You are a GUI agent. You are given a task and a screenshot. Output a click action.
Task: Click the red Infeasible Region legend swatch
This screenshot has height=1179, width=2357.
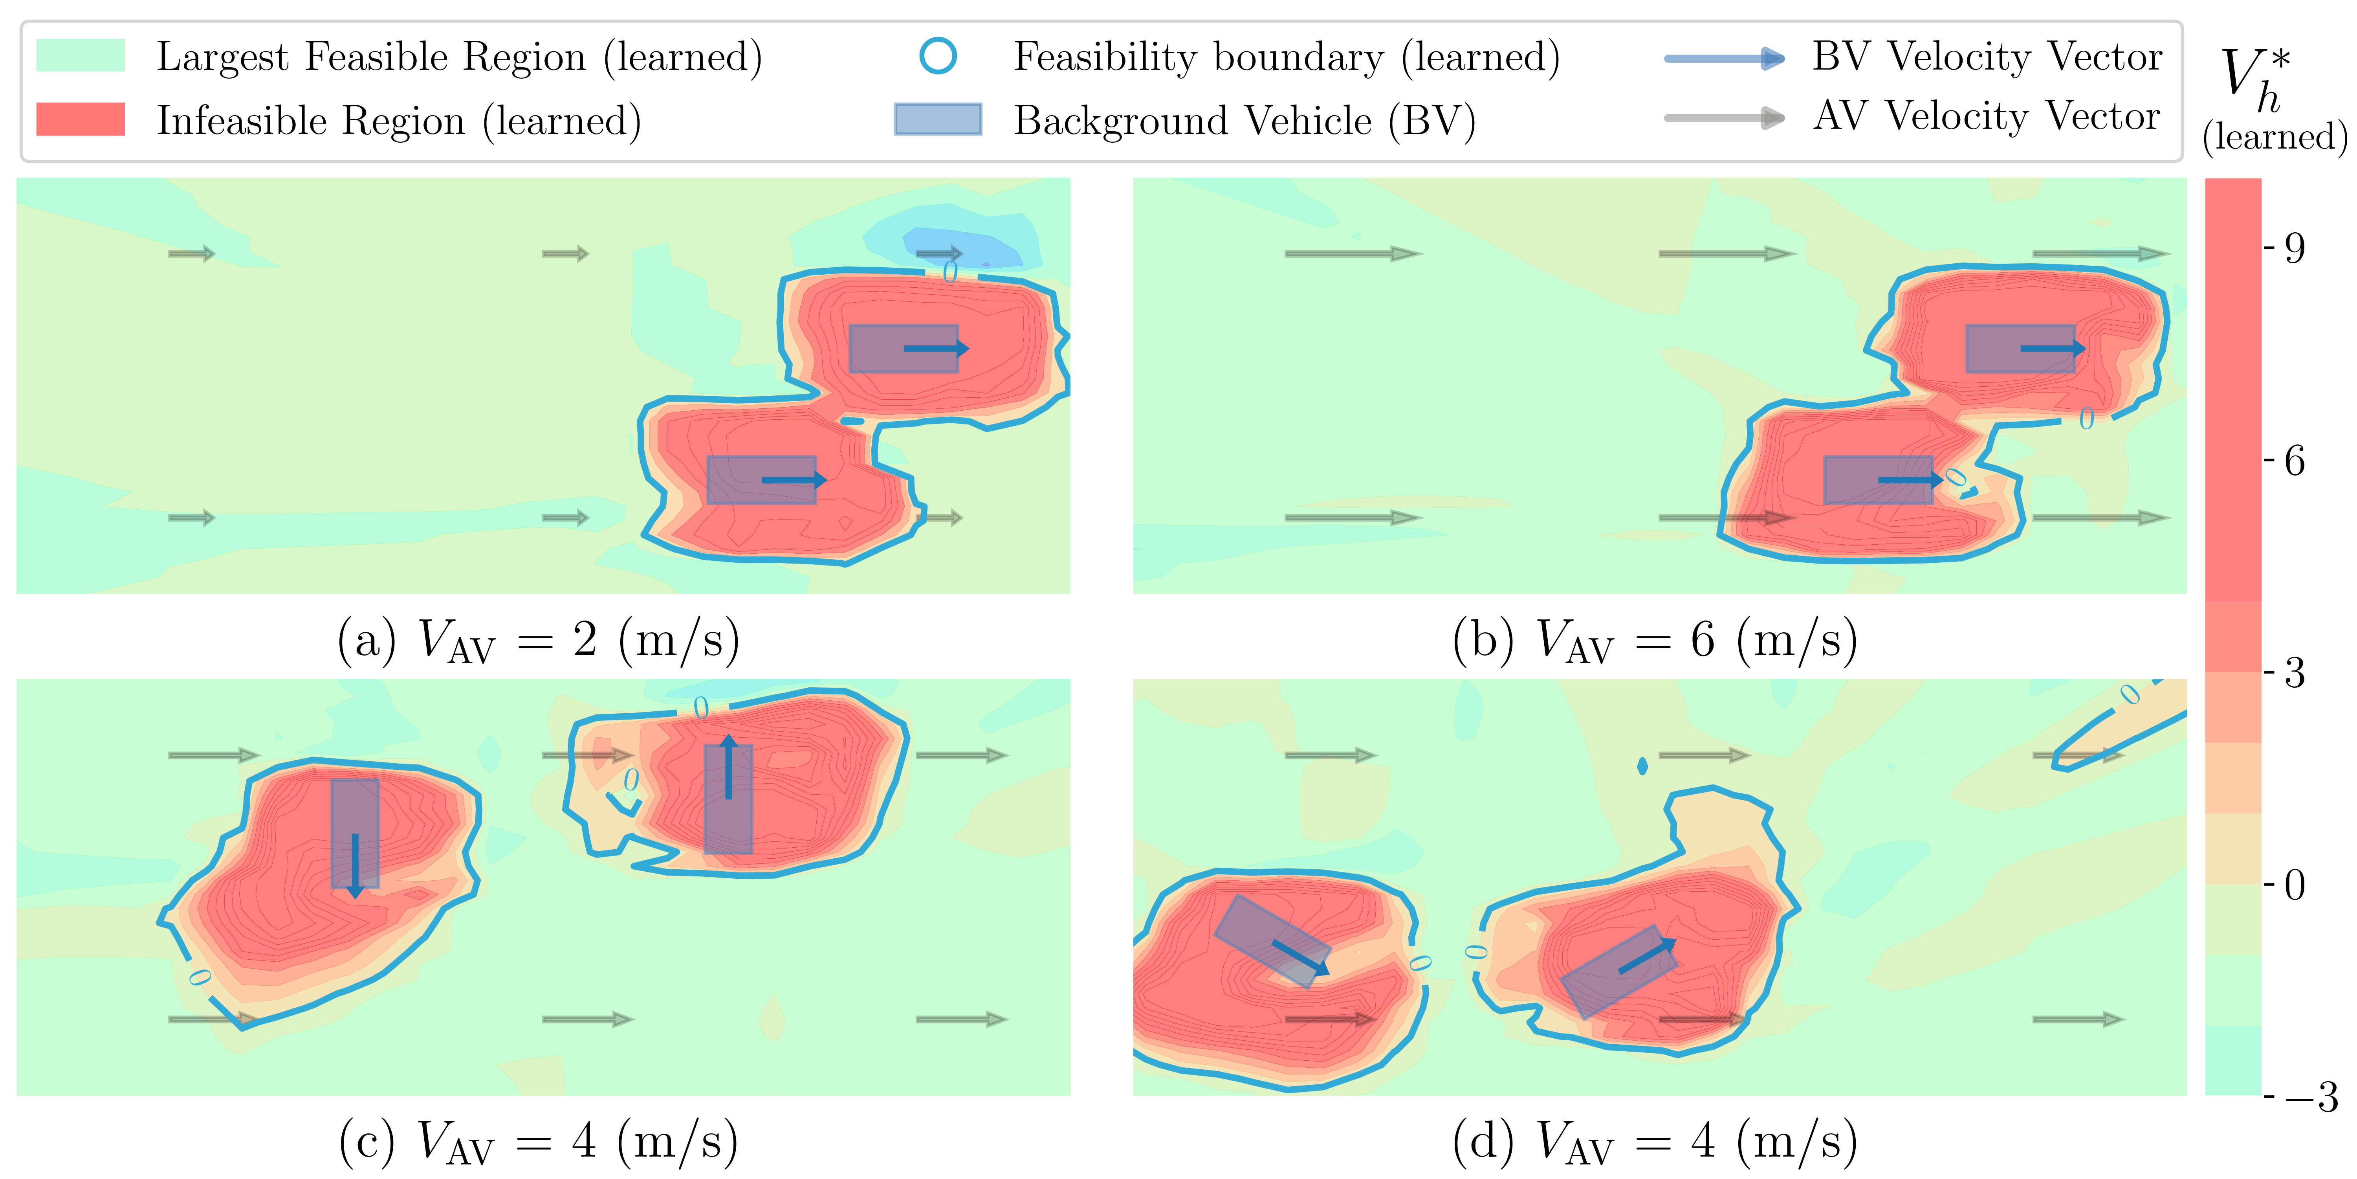pos(81,119)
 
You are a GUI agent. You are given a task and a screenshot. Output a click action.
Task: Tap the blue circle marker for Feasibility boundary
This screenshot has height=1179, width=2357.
pos(938,56)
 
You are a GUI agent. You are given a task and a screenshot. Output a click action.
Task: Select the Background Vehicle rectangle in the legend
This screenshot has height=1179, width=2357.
pos(938,119)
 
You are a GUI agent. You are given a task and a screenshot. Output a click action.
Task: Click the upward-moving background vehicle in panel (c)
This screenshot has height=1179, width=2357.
pos(728,799)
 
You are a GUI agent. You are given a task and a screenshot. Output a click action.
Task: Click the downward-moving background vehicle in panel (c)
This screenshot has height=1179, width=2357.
pos(355,833)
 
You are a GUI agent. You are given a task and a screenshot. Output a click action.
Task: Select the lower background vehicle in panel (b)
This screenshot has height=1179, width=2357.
pos(1878,479)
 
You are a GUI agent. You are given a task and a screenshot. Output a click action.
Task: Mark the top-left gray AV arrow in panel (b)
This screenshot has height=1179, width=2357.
pos(1353,253)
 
